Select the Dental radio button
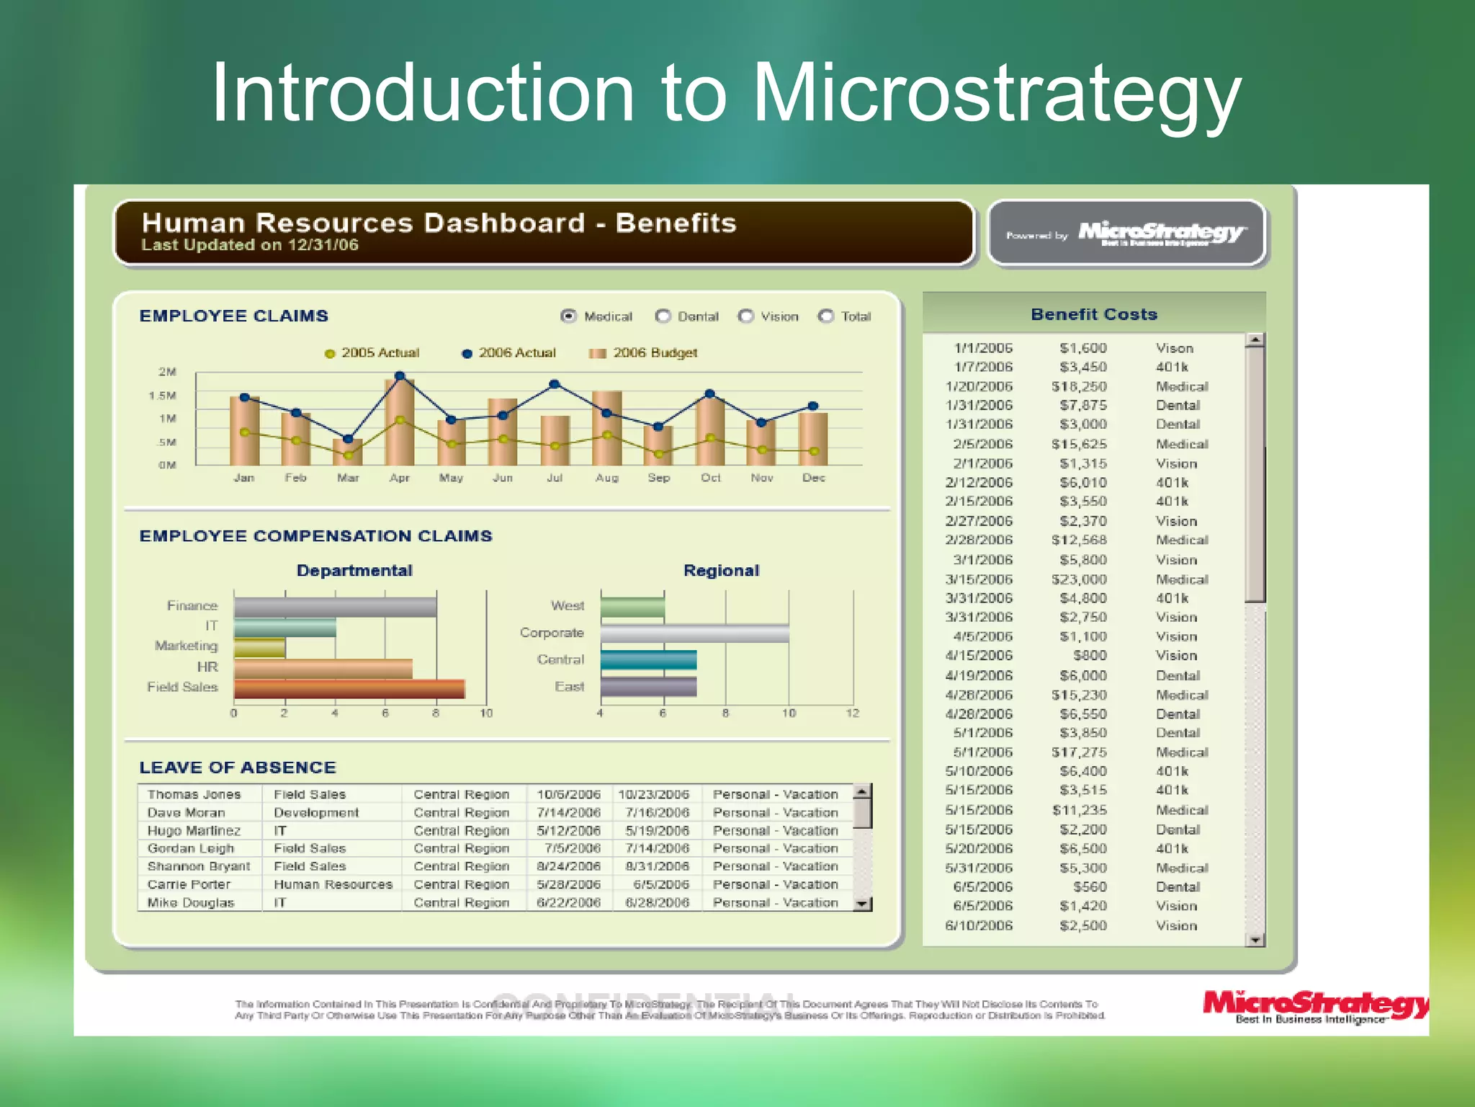pos(663,316)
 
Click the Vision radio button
pos(746,316)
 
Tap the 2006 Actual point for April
pos(400,376)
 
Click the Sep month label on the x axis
pos(658,478)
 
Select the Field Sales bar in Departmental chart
pos(349,689)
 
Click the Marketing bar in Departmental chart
pos(259,647)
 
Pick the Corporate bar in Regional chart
pos(694,633)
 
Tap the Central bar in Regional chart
pos(648,660)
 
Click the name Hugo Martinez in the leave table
pos(194,830)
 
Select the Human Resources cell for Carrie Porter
pos(333,884)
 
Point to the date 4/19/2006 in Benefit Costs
pos(979,675)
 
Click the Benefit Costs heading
pos(1093,314)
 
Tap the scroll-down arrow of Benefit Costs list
pos(1255,940)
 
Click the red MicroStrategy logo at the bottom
pos(1314,1006)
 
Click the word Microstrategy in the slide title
pos(997,94)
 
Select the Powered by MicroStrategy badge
pos(1126,234)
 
